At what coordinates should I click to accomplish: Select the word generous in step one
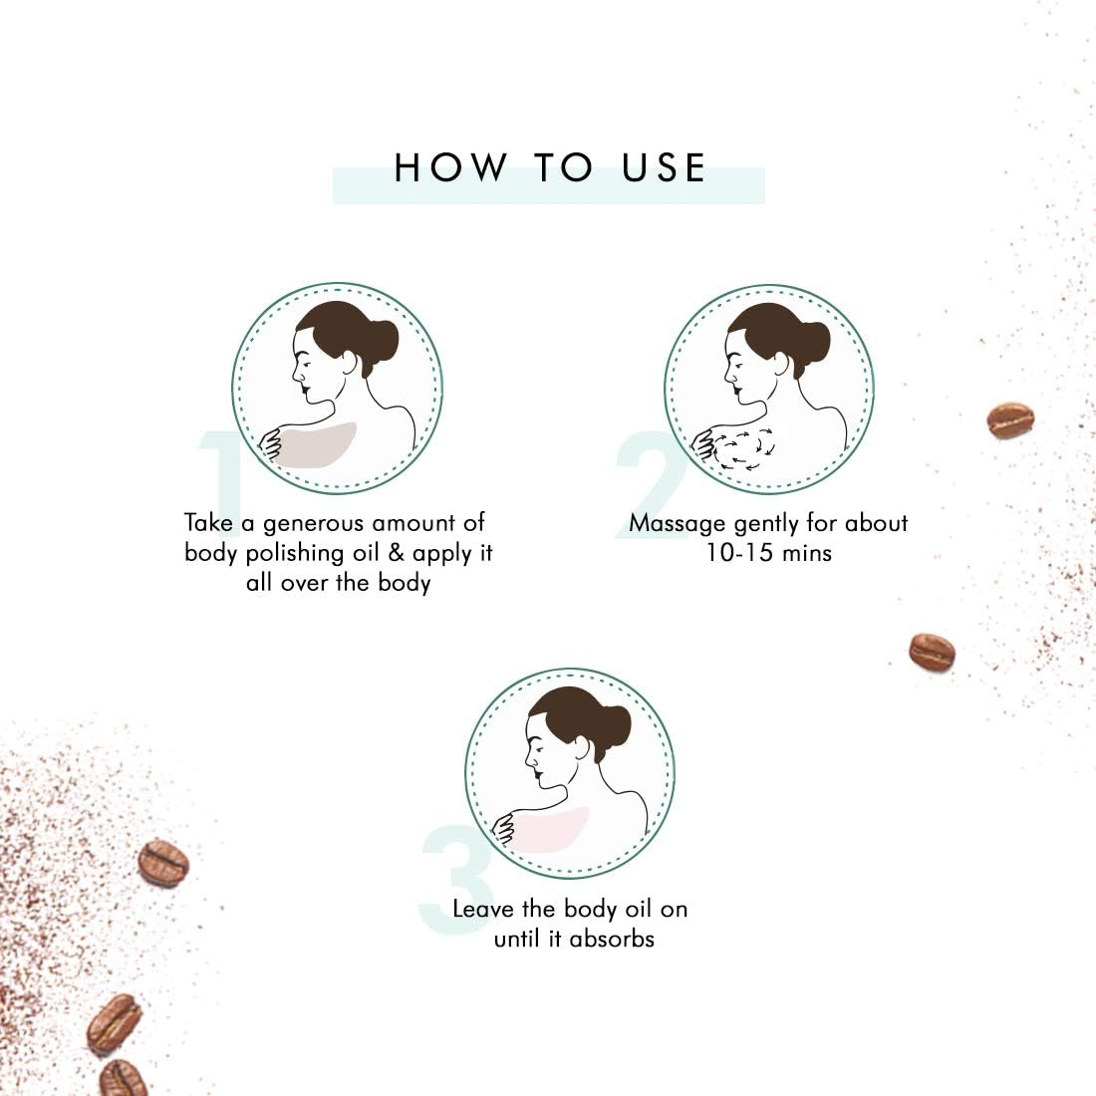coord(313,523)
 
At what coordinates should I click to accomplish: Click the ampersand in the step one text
coord(396,553)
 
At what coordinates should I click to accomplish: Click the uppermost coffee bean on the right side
coord(1010,420)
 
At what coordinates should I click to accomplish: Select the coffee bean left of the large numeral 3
coord(162,863)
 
